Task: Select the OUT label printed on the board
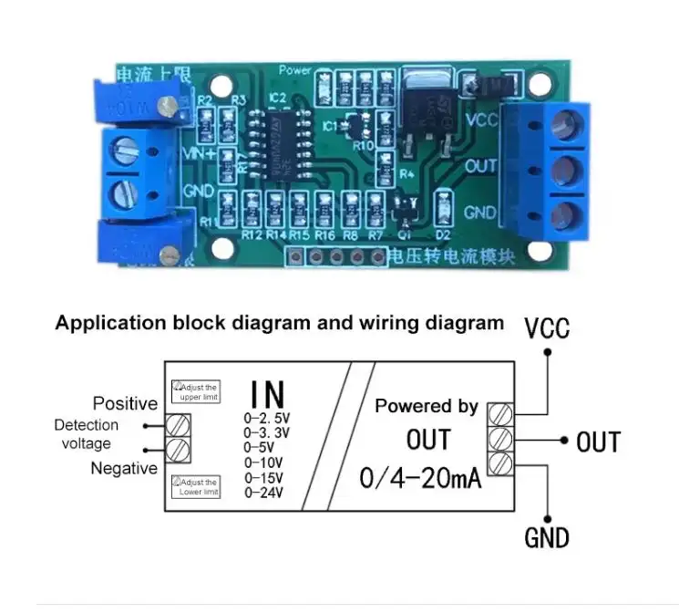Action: point(480,167)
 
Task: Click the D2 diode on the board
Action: point(445,206)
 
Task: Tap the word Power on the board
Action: point(295,69)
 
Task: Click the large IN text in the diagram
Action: point(267,395)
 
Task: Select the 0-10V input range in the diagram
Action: point(264,462)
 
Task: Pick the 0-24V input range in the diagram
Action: point(264,493)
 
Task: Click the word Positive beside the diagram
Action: point(125,403)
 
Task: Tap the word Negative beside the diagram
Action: point(124,469)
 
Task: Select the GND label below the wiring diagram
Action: point(547,538)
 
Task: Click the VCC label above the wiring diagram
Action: point(547,327)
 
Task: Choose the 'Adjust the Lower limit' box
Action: point(196,487)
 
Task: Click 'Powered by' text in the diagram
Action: point(427,407)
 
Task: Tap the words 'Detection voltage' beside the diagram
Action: point(87,434)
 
